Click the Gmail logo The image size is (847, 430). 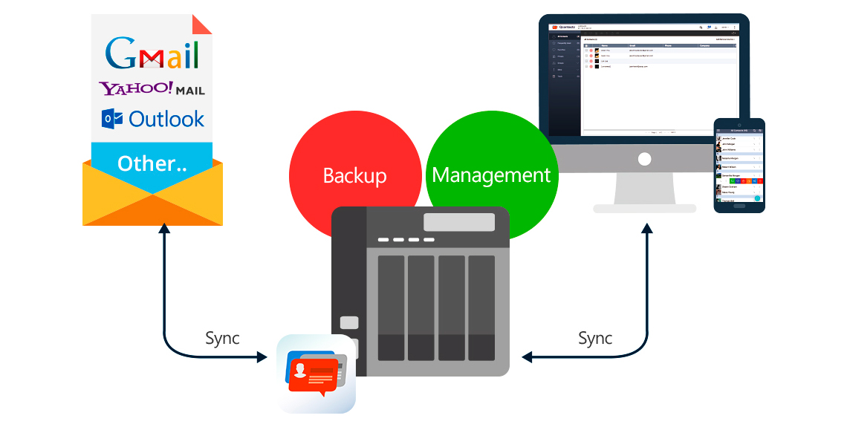coord(152,53)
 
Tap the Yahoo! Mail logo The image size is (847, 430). coord(152,89)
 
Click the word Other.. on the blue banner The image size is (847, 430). coord(152,164)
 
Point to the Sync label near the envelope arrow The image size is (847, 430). coord(222,339)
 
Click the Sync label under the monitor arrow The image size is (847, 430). coord(595,339)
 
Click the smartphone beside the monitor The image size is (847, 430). coord(739,164)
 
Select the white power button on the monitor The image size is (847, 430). coord(644,159)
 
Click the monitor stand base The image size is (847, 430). coord(644,209)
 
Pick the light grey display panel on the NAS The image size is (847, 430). coord(458,222)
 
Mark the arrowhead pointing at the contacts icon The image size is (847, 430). coord(262,357)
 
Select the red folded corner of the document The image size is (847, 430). coord(201,24)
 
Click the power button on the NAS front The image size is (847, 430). coord(349,323)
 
